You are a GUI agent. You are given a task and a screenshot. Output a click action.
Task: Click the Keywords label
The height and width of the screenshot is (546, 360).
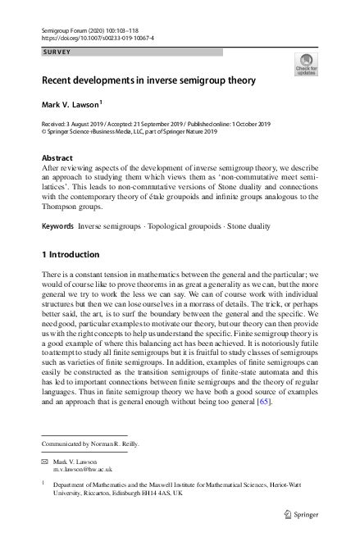pos(57,224)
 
